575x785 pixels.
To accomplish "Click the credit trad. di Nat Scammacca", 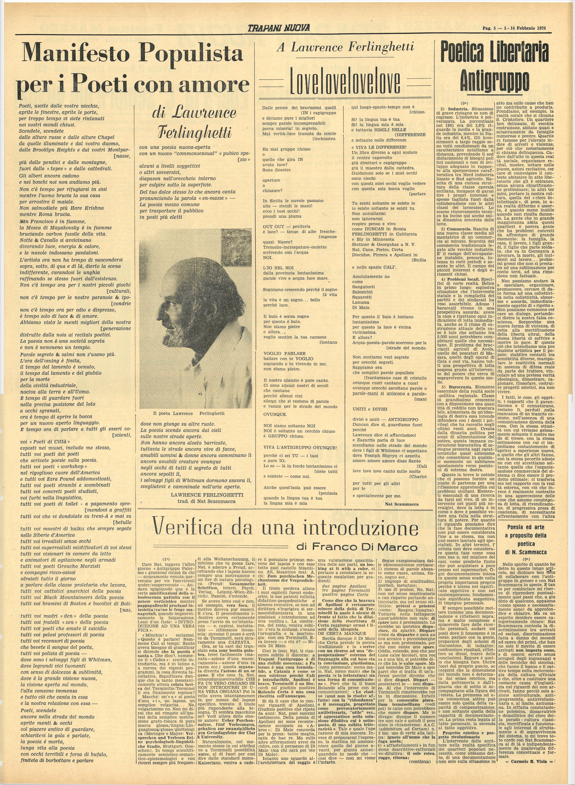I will (202, 501).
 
